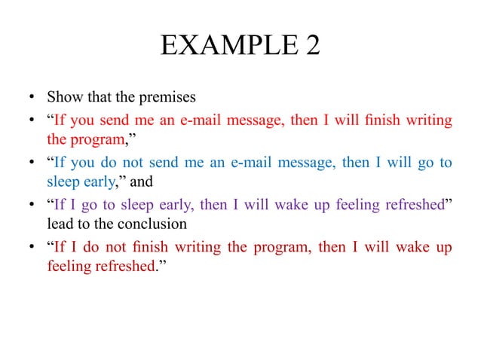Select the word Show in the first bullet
[x=63, y=97]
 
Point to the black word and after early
[x=142, y=182]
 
